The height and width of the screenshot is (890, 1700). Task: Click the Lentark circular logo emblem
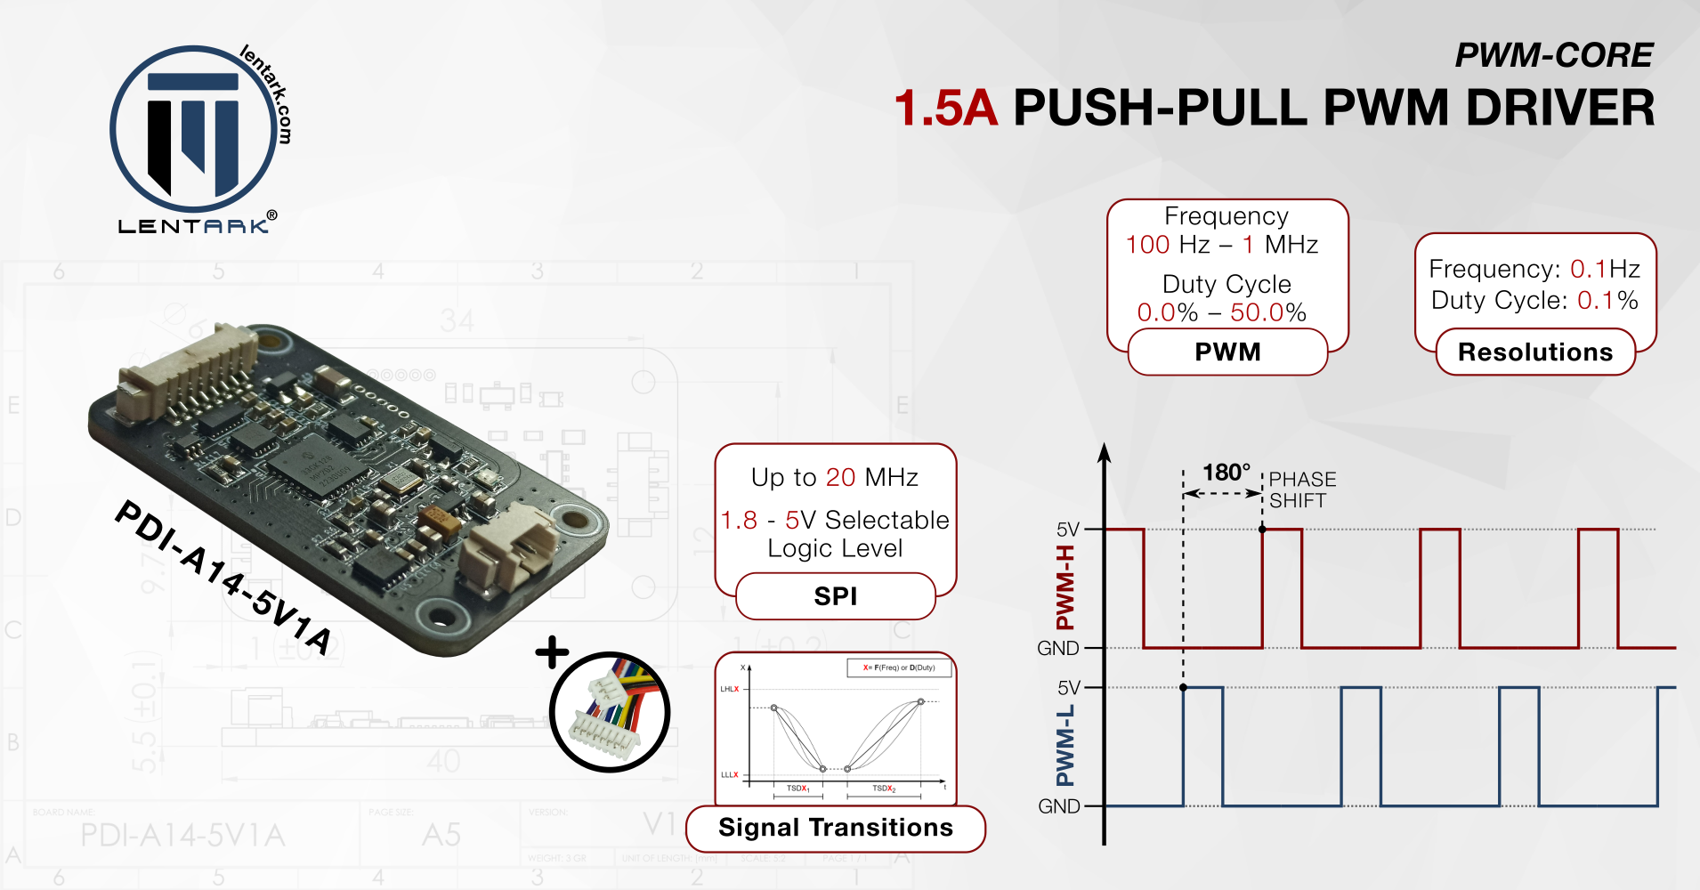[193, 130]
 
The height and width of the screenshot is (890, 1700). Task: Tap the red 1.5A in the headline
[945, 109]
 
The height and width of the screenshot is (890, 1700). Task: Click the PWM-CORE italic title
[1553, 55]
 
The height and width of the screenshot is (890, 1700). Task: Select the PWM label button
[1227, 352]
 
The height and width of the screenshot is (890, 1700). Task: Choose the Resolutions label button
[1534, 352]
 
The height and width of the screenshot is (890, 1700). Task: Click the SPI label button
[835, 596]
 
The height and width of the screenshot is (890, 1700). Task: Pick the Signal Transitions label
[835, 828]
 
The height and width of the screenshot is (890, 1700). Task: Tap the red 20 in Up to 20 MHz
[840, 478]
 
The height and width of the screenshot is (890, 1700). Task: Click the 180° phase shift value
[1226, 473]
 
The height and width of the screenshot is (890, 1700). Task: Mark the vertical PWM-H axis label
[1065, 587]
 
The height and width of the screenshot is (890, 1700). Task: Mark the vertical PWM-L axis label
[1065, 746]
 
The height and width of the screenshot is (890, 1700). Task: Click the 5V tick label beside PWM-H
[1067, 530]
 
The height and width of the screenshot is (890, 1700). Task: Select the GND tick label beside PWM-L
[1058, 806]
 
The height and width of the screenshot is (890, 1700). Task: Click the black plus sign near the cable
[552, 651]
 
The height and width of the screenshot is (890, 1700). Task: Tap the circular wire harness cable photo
[610, 712]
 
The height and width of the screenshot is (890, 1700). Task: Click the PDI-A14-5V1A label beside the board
[223, 578]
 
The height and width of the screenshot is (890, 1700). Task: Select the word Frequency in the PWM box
[1226, 216]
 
